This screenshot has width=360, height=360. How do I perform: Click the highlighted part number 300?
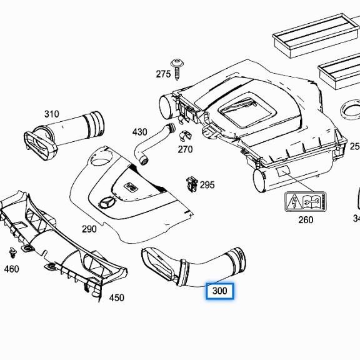pos(219,291)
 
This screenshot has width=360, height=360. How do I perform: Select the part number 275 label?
pos(163,74)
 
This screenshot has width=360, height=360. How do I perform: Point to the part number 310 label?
pos(51,114)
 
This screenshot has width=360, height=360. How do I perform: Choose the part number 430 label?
pos(139,132)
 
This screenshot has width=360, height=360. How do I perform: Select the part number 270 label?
pos(185,149)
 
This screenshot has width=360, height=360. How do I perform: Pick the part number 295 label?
pos(207,185)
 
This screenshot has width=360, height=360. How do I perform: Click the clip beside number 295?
pos(191,184)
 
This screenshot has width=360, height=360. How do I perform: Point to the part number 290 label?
pos(89,229)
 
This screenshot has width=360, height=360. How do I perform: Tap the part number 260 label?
pos(306,219)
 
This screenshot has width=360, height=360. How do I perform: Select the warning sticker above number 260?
pos(306,202)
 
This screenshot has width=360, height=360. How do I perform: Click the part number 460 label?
pos(11,269)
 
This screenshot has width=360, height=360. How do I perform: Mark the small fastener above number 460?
pos(12,253)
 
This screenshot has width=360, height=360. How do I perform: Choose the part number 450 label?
pos(117,297)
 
